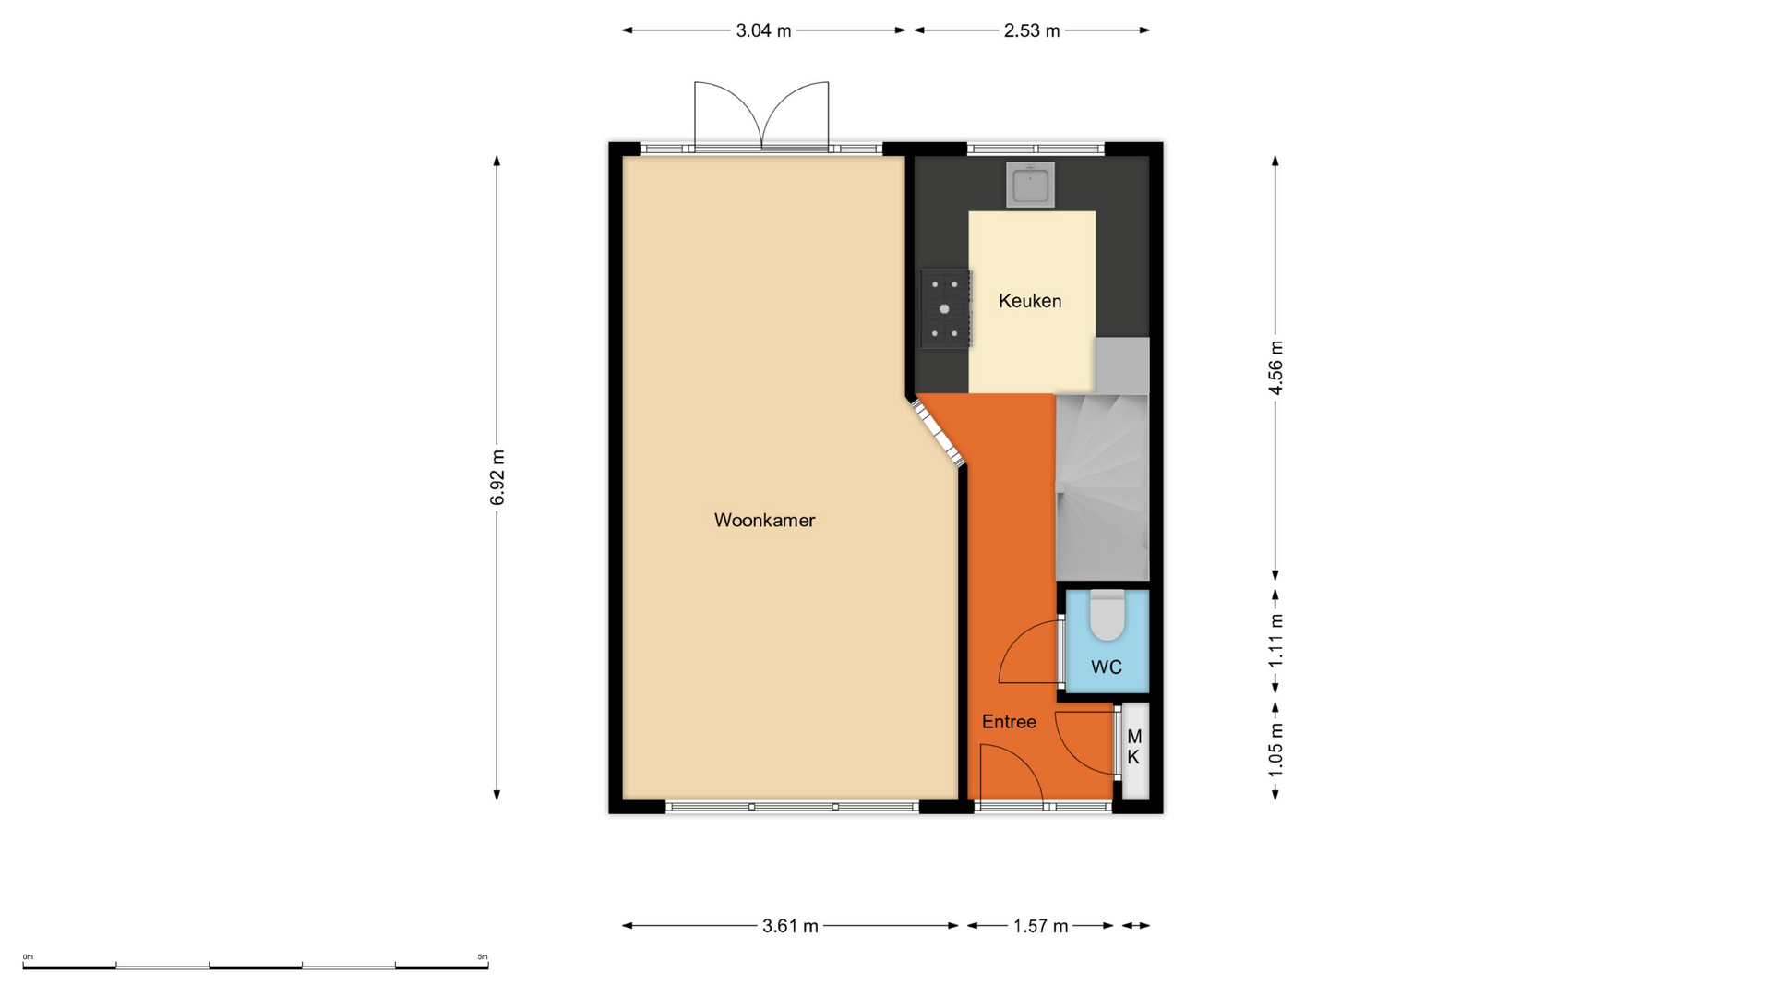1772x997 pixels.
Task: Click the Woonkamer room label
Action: (764, 520)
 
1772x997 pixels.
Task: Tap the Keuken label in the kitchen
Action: (1030, 301)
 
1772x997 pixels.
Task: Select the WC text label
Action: (1107, 667)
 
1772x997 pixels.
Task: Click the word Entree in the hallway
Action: (1009, 722)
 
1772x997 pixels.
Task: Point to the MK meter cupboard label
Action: (1134, 747)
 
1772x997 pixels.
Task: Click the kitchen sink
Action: (1030, 185)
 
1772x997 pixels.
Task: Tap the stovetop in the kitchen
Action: (945, 308)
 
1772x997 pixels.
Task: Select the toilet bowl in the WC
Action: (1107, 615)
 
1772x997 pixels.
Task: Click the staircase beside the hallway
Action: (1102, 460)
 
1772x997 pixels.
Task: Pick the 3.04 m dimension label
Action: (763, 30)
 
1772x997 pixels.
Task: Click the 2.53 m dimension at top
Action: (1032, 30)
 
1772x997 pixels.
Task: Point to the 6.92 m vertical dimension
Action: (497, 478)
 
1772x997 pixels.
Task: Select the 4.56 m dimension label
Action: (1275, 367)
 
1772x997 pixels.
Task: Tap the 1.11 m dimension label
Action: (1275, 641)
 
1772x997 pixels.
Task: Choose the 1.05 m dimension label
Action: (1275, 748)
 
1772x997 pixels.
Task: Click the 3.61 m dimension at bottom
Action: (790, 926)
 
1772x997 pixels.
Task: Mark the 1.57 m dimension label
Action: (1040, 926)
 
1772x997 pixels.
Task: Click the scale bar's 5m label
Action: (483, 956)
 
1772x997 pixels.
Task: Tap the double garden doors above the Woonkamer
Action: (761, 115)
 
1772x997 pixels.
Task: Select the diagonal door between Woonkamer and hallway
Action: (939, 430)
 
